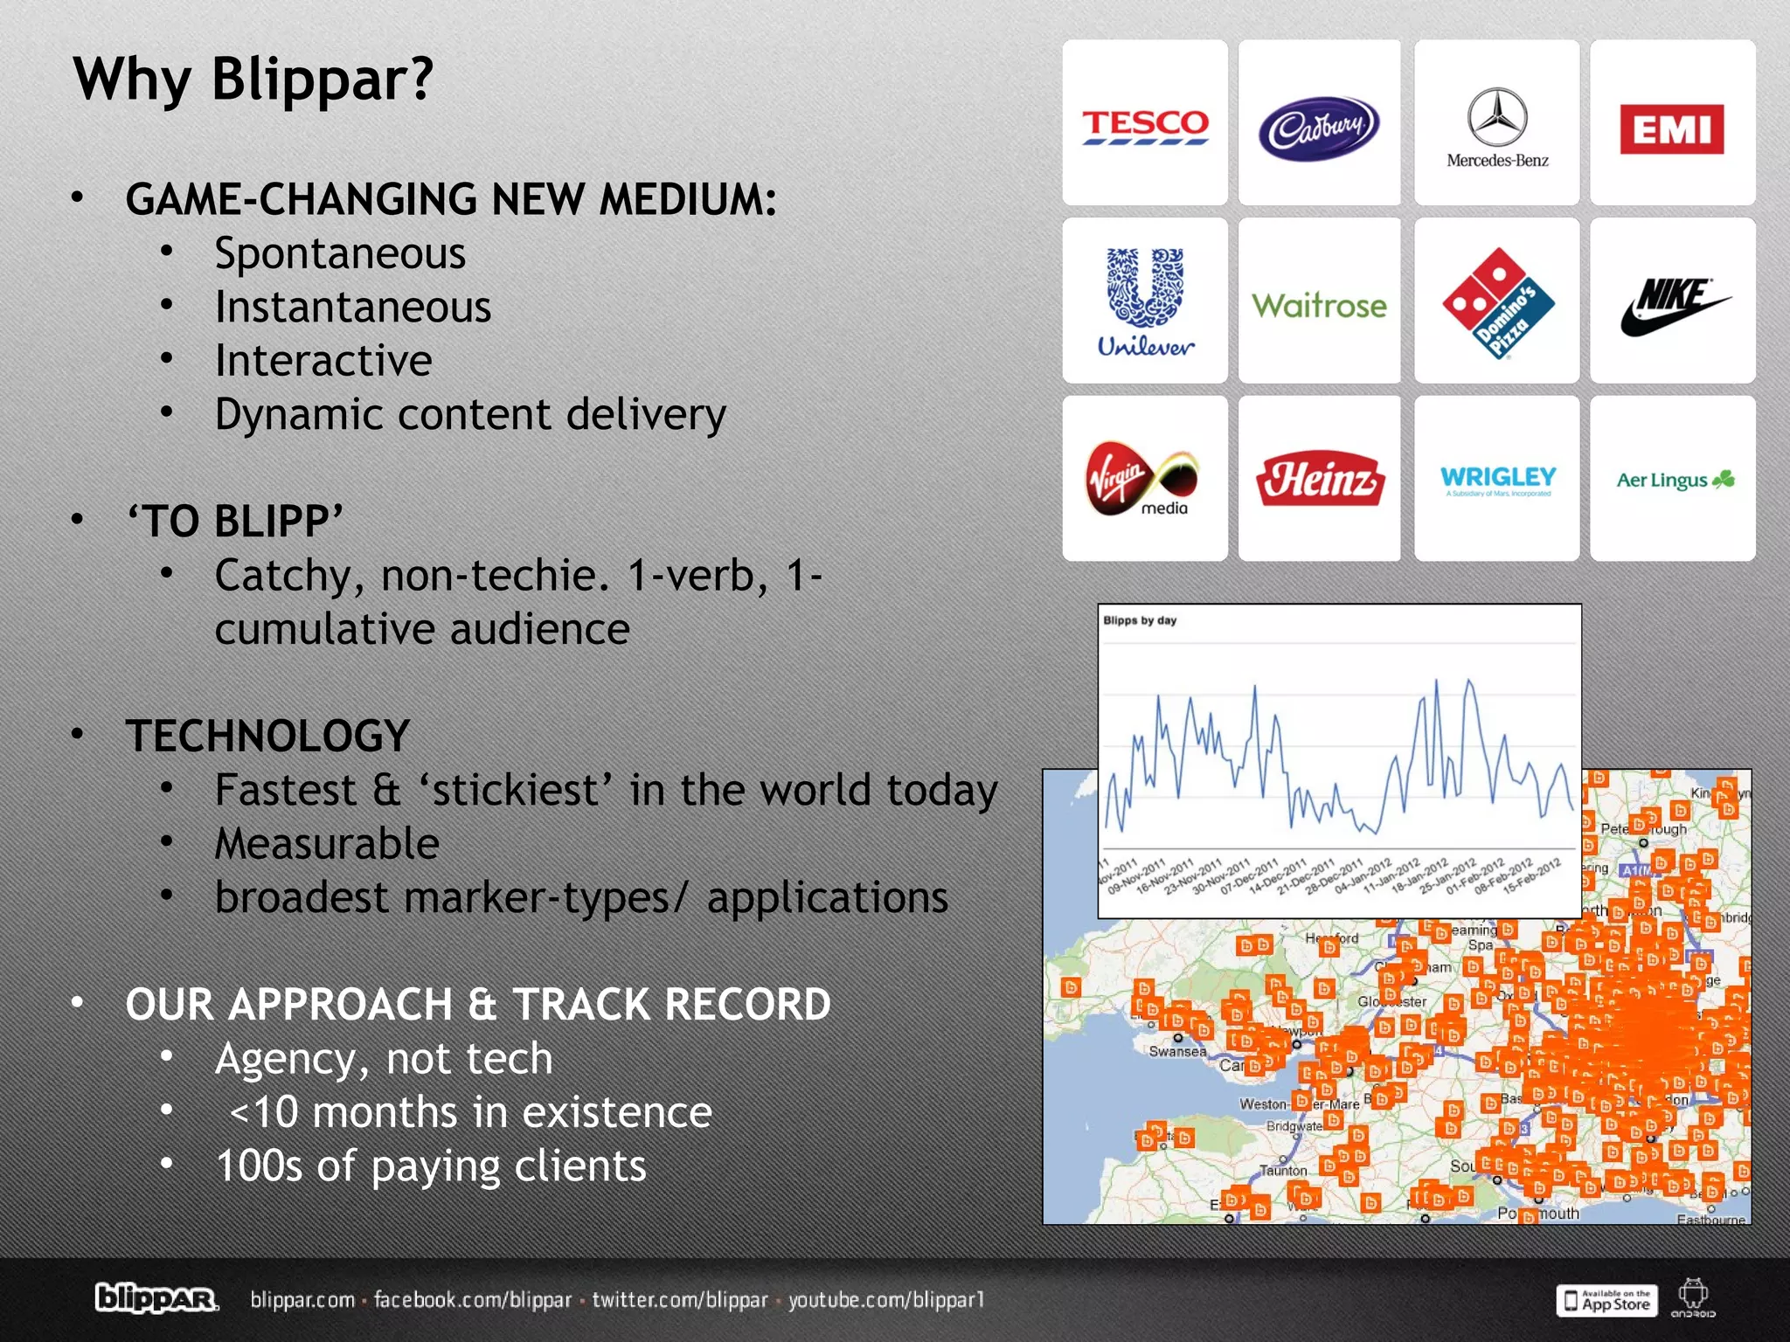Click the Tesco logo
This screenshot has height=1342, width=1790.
[x=1145, y=126]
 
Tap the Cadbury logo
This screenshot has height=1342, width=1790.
[x=1319, y=128]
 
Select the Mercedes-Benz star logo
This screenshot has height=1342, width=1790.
[x=1496, y=117]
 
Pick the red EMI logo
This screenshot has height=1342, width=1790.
[x=1671, y=129]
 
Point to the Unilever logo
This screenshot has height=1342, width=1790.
[x=1145, y=301]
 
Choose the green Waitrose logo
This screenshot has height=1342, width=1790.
[x=1319, y=306]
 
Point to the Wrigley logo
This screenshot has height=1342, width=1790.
[x=1498, y=479]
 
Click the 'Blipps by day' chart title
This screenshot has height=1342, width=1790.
[x=1140, y=620]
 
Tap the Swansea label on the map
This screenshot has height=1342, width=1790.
[x=1177, y=1051]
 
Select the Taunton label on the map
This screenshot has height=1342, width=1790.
[x=1283, y=1170]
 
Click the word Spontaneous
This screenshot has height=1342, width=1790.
[x=340, y=254]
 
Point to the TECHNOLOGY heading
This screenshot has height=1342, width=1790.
[x=267, y=736]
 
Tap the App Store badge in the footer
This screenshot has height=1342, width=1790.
[x=1606, y=1300]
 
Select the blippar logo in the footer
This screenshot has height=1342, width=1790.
[x=156, y=1299]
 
